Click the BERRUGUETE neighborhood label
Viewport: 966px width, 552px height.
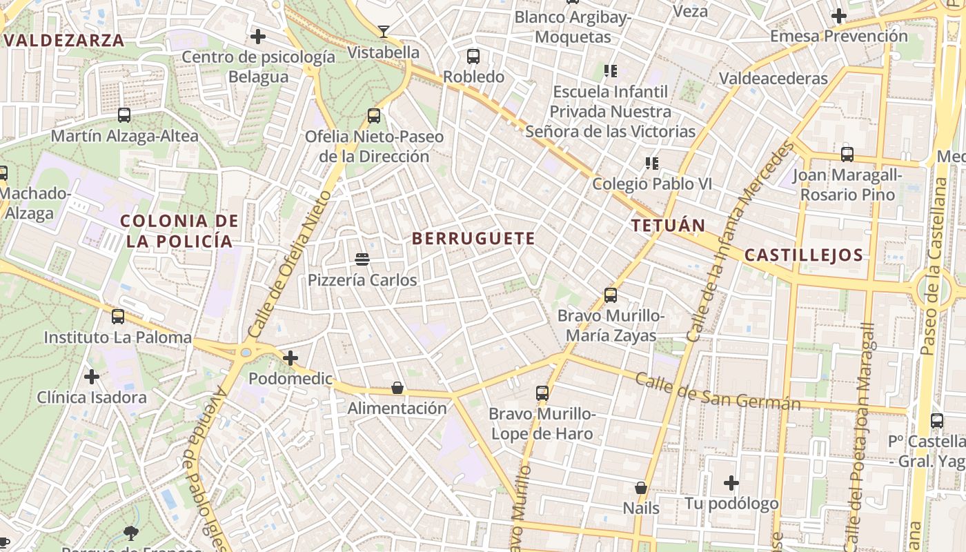(473, 239)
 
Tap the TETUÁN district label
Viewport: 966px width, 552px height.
(669, 226)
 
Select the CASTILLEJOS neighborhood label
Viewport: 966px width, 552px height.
(804, 255)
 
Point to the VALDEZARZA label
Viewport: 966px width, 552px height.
(64, 40)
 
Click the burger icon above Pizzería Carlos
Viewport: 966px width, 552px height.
(362, 259)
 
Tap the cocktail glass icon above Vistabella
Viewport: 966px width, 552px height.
(384, 32)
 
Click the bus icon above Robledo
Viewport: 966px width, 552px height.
(473, 57)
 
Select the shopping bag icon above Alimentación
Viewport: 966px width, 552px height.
(397, 388)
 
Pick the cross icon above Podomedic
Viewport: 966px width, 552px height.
(290, 358)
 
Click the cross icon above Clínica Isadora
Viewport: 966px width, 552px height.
(92, 377)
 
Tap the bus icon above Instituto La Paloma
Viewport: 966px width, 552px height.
(118, 317)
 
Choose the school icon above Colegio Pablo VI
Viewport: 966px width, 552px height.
(651, 164)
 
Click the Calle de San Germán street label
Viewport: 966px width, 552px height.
(718, 391)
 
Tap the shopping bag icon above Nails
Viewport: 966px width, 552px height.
(641, 488)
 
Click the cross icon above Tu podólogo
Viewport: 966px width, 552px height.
(731, 483)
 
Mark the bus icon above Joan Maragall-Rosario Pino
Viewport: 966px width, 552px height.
(847, 155)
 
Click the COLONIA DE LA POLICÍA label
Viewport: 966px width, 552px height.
(179, 231)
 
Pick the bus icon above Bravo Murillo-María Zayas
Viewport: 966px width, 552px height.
(611, 295)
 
